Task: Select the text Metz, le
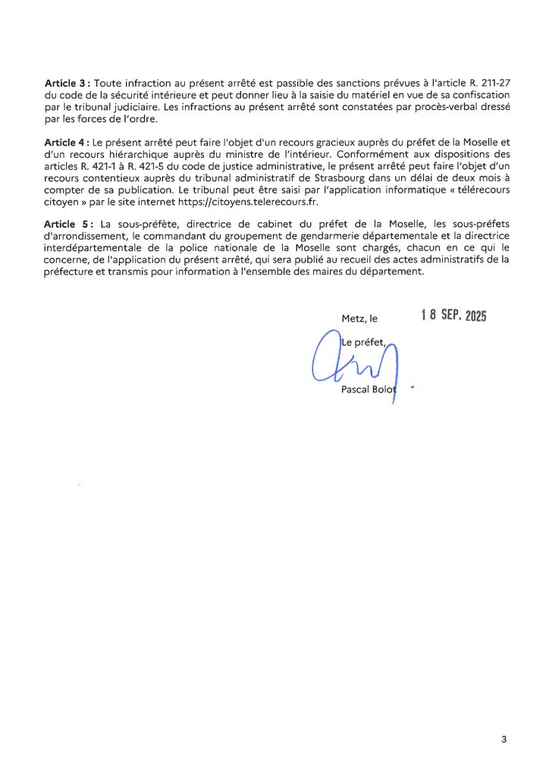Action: [359, 319]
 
